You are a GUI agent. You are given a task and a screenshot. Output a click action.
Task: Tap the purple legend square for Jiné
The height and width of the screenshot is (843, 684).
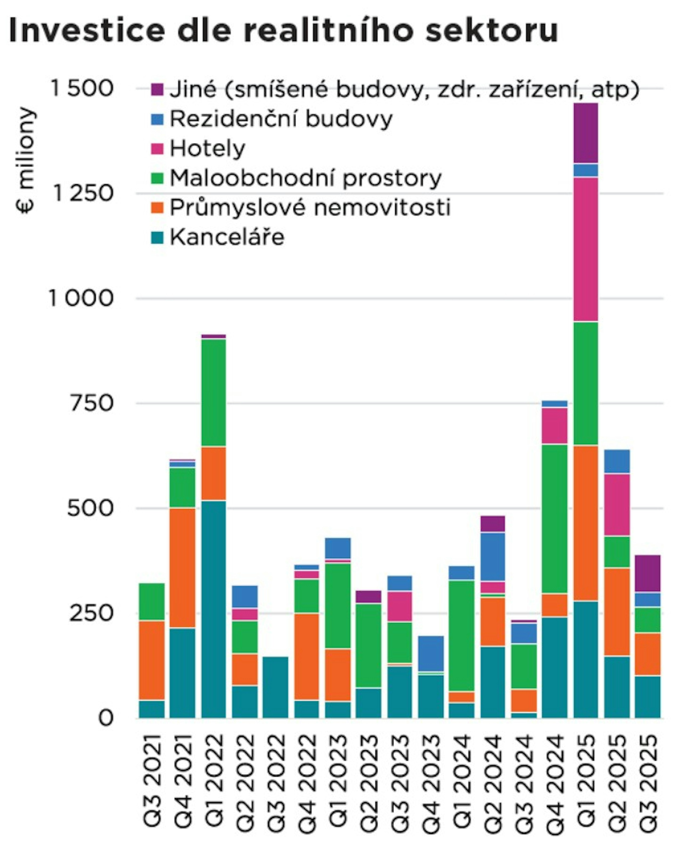(157, 89)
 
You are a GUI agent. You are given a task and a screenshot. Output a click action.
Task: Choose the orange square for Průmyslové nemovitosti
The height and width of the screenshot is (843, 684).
(157, 208)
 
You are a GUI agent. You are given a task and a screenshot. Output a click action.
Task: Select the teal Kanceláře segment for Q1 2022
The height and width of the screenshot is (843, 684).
(214, 609)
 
